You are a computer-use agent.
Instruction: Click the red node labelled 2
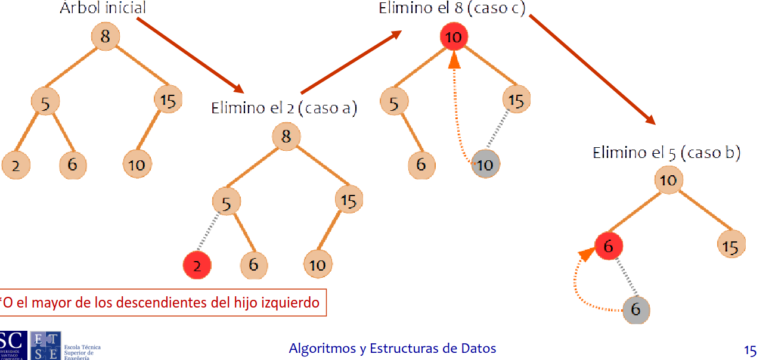tap(197, 265)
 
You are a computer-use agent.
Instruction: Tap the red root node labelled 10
tap(454, 38)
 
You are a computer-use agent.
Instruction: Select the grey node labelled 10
tap(485, 165)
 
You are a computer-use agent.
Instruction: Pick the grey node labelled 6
tap(635, 310)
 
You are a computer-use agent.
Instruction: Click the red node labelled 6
tap(609, 246)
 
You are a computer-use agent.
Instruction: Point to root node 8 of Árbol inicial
tap(106, 36)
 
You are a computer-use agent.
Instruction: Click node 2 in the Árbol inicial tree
tap(15, 165)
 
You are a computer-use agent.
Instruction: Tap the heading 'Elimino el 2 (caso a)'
tap(284, 108)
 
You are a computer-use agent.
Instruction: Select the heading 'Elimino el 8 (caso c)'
tap(452, 8)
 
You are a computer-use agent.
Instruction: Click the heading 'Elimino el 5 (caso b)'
tap(666, 153)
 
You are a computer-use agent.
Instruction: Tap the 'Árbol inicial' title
tap(103, 8)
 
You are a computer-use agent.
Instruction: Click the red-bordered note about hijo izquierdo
tap(161, 303)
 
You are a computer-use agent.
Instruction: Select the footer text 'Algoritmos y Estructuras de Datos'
tap(392, 348)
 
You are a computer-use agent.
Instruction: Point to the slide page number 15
tap(749, 350)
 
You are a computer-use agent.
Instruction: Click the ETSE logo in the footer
tap(45, 346)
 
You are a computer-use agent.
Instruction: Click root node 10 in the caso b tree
tap(669, 180)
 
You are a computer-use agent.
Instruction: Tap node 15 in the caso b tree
tap(730, 246)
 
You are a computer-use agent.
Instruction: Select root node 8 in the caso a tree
tap(286, 136)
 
